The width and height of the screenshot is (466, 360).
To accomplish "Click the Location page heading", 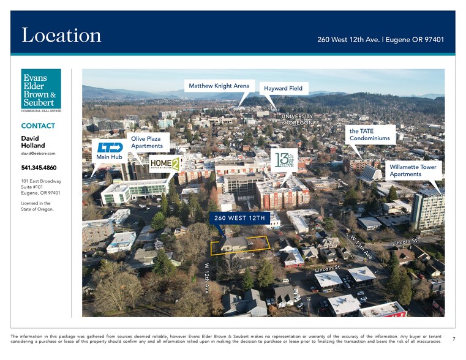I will coord(61,35).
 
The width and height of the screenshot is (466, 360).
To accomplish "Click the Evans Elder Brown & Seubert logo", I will coord(41,90).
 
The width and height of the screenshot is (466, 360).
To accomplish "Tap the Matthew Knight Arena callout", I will coord(219,86).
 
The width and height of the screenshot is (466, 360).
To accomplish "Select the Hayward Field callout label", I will coord(283,88).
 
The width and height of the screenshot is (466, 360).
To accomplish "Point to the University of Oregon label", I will coord(297,119).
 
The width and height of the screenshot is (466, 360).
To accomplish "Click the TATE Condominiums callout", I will coord(369,134).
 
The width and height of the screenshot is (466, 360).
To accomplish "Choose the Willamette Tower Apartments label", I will coord(413,170).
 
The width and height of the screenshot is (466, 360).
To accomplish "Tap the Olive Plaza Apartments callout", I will coord(147,142).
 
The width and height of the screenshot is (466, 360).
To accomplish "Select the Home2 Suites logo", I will coord(165,163).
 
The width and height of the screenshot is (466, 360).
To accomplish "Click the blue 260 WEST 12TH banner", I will coord(239,218).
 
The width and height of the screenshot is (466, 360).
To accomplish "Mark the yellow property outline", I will coord(240,245).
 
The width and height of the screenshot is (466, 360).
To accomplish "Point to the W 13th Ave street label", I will coord(361,246).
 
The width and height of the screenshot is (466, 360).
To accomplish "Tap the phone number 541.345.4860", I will coord(39,168).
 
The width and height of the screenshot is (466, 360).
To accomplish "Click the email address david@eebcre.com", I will coord(38,154).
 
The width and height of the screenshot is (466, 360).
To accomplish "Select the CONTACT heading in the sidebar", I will coord(38,126).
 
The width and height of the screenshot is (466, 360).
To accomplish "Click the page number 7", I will coord(453,339).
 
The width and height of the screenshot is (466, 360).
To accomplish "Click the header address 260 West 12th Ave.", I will coord(380,40).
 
